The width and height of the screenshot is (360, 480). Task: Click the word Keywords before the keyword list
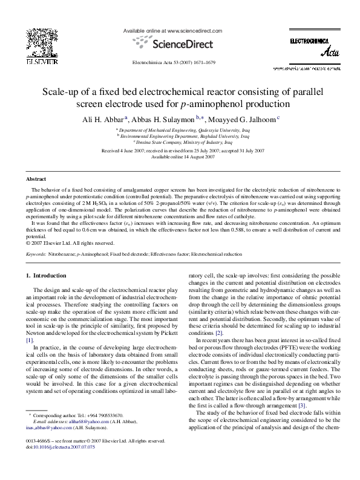[36, 255]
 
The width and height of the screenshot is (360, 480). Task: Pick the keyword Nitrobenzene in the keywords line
[60, 255]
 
